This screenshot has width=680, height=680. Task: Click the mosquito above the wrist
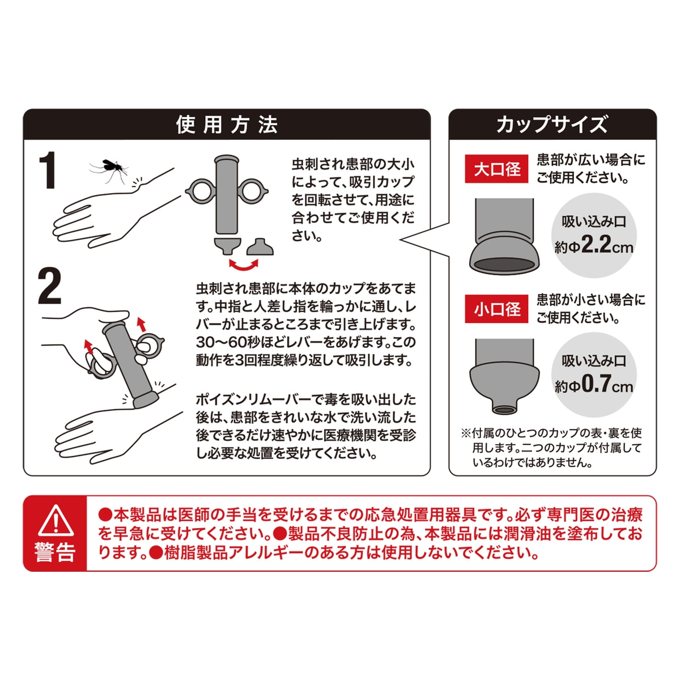pos(108,167)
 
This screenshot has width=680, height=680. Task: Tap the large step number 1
pos(48,171)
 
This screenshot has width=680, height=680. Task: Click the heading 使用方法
pos(227,124)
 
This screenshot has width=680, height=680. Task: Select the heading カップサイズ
pos(552,124)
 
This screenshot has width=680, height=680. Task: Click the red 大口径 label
pos(497,169)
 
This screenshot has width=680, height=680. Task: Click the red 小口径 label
pos(497,309)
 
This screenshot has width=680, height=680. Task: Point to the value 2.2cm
pos(607,246)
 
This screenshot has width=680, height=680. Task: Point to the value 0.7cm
pos(607,385)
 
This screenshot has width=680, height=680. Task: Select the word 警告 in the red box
pos(55,552)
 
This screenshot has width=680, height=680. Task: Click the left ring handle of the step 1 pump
pos(201,191)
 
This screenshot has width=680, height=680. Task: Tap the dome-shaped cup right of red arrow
pos(260,247)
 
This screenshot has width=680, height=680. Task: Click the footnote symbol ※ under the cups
pos(465,433)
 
